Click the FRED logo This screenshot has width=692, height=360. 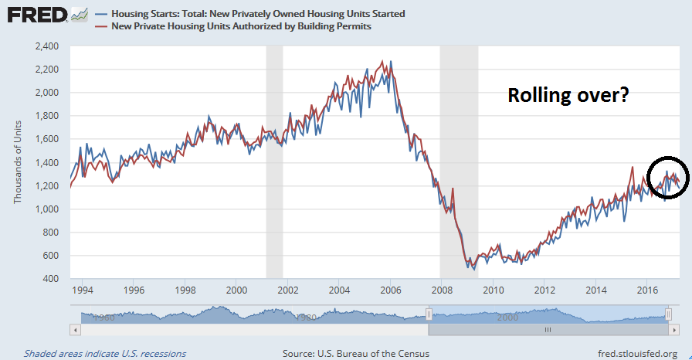tap(37, 15)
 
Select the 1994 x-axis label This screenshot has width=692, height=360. tap(83, 290)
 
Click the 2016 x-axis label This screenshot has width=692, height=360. tap(646, 290)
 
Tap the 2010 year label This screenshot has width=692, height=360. tap(492, 290)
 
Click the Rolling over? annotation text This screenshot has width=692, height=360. tap(569, 96)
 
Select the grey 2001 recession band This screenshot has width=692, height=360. tap(274, 162)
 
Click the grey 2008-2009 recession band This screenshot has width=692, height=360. tap(458, 162)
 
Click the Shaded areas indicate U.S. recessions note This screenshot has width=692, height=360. tap(105, 353)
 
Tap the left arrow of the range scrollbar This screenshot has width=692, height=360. tap(76, 329)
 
